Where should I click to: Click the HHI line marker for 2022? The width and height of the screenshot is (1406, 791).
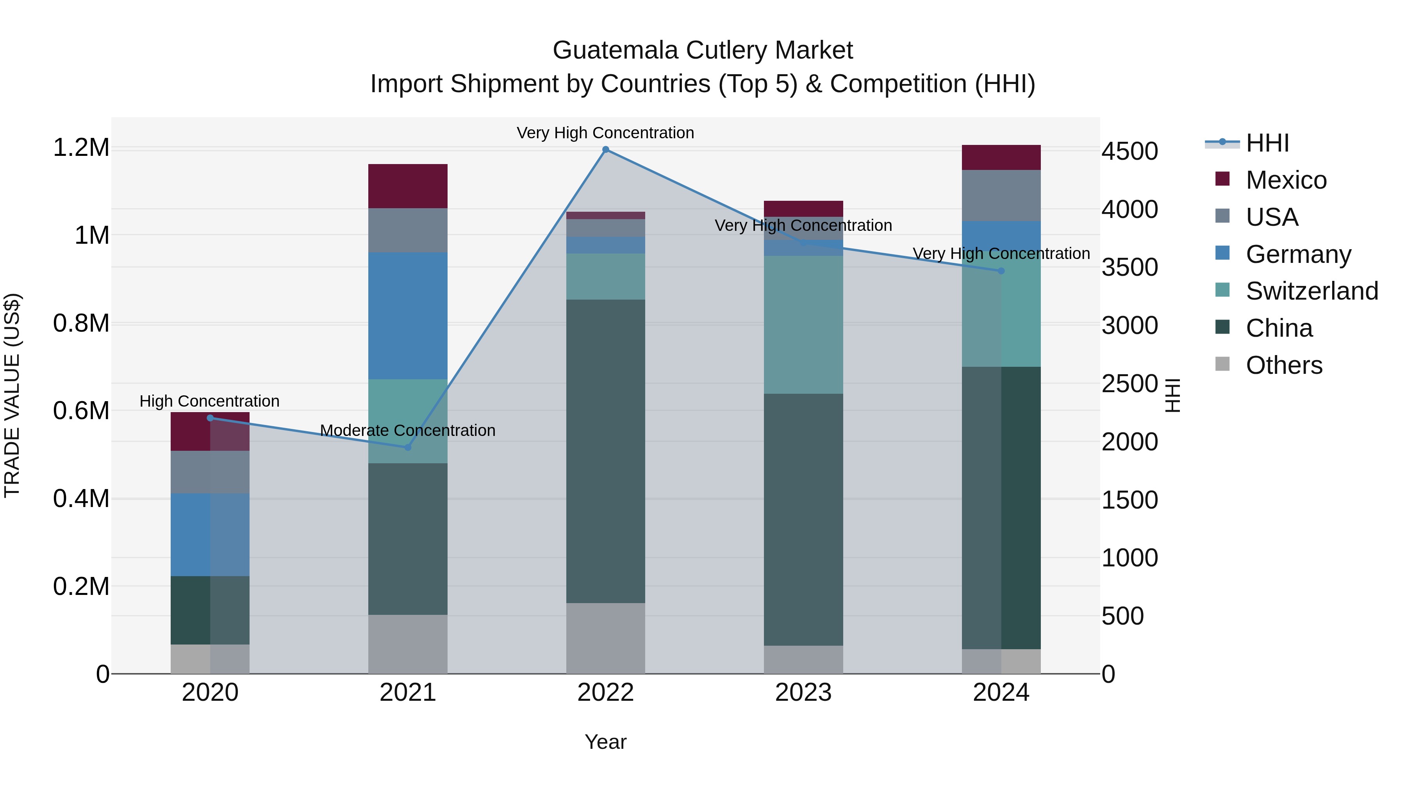click(605, 150)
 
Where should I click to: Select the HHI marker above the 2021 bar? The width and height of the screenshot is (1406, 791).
click(408, 447)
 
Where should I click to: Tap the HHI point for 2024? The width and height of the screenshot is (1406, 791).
click(1001, 271)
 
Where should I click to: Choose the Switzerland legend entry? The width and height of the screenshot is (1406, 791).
click(1311, 291)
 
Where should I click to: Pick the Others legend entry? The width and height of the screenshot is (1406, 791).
click(1283, 365)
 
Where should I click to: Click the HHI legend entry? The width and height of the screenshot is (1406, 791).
click(1267, 143)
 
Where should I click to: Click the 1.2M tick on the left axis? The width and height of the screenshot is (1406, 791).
click(81, 148)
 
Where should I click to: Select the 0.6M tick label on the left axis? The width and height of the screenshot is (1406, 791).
click(81, 411)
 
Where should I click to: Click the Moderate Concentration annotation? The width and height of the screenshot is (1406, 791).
click(408, 431)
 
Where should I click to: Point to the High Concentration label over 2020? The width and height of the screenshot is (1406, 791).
click(210, 401)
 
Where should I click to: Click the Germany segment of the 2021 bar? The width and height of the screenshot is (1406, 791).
click(408, 316)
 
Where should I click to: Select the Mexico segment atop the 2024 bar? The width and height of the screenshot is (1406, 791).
click(1001, 157)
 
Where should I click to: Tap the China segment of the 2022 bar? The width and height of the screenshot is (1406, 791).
click(605, 451)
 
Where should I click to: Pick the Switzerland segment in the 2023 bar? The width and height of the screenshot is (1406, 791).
click(803, 325)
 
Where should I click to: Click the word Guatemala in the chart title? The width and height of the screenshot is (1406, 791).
click(616, 50)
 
